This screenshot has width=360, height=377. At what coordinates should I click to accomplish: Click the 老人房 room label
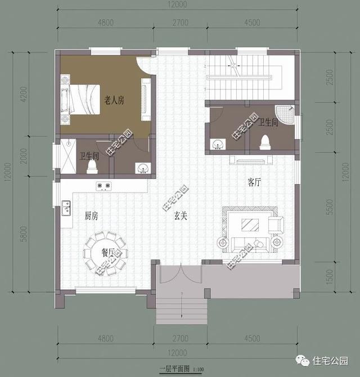coord(114,100)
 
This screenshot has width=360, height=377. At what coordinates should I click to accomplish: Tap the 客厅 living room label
coord(255,182)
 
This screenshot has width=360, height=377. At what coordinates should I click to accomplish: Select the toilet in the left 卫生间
coord(91,167)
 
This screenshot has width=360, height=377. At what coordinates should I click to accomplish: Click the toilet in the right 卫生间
coord(264,143)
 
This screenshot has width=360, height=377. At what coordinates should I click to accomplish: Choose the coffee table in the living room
coord(250,226)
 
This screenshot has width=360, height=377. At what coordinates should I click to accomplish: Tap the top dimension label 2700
coord(180,23)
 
